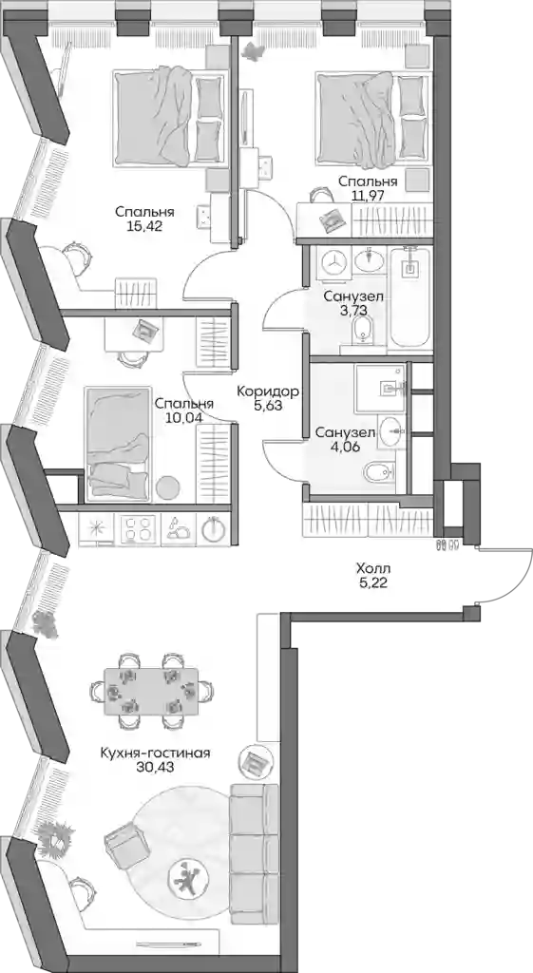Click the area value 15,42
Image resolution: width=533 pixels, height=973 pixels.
coord(144,226)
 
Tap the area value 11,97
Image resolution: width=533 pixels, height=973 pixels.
coord(368,197)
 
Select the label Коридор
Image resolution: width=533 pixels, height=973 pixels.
coord(268,391)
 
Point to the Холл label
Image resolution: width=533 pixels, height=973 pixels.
coord(373,568)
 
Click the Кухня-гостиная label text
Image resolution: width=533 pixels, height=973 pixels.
coord(156,753)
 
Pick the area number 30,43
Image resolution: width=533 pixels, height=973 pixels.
coord(156,768)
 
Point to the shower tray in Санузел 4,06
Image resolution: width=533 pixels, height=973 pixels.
coord(380,389)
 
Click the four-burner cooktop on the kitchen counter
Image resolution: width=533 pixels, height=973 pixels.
coord(140,529)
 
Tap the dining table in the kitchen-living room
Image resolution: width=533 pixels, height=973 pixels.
coord(151,690)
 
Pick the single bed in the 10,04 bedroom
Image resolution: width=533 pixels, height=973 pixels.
coord(118,443)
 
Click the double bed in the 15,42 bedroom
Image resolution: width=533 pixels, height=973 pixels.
coord(169,118)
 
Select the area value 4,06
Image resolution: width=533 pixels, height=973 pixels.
coord(345,445)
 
